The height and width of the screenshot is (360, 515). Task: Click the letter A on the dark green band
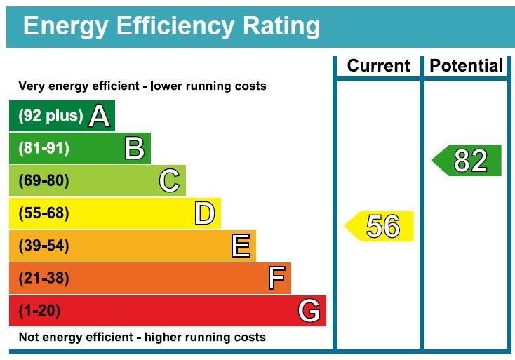100,116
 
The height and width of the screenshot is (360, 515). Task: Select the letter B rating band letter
134,149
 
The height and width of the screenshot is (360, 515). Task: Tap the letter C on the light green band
169,181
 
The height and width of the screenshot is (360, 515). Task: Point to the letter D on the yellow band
204,213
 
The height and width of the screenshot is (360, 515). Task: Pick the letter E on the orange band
240,246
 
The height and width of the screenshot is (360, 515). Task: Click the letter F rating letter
276,279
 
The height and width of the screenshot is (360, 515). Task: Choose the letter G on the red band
309,311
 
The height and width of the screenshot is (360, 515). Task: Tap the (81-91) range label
44,149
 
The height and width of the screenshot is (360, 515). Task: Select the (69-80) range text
44,181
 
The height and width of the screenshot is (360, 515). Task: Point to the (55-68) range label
44,213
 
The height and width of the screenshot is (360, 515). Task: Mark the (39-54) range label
44,246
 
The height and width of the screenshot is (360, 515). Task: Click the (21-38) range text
44,279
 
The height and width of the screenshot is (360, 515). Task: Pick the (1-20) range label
39,311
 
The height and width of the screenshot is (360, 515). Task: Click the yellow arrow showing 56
380,227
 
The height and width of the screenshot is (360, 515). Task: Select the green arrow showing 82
468,161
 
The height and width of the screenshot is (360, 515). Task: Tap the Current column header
378,66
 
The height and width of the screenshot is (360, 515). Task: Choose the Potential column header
467,66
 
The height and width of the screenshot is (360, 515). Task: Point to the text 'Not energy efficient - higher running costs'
142,338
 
